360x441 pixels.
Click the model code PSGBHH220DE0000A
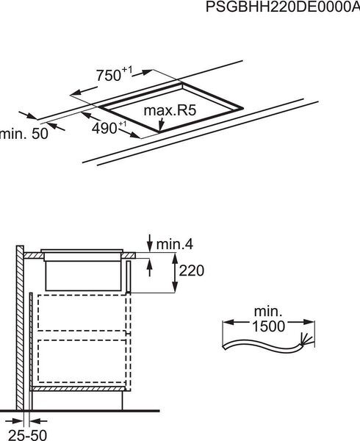[283, 7]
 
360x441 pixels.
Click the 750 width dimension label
[114, 74]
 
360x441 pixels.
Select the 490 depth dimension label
[109, 128]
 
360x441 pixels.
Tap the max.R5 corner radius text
[170, 110]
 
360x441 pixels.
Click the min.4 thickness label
[175, 245]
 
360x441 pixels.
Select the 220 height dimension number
[191, 270]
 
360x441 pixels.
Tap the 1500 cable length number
[269, 326]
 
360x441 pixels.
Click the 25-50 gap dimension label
[27, 435]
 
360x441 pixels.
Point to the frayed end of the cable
[306, 339]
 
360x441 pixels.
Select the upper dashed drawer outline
[82, 313]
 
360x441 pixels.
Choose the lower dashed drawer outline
[82, 361]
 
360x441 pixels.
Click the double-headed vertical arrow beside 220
[175, 273]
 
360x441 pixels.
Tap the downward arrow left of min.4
[150, 243]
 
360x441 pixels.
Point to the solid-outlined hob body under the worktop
[83, 276]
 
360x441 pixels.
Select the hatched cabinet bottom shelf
[78, 389]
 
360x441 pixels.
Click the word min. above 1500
[268, 312]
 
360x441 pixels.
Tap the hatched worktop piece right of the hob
[129, 255]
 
